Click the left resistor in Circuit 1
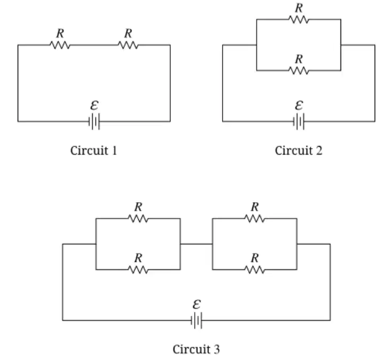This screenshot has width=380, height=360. click(60, 45)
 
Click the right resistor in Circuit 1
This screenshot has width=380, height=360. click(128, 45)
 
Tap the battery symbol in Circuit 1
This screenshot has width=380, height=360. click(94, 121)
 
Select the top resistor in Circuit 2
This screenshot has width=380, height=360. click(299, 19)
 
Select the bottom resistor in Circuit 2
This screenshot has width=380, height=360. click(299, 70)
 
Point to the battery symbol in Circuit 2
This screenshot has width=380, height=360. click(299, 121)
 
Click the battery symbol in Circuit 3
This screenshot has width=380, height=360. click(196, 321)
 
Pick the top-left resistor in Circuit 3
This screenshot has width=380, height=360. click(138, 219)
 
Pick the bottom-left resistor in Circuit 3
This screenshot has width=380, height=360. click(138, 269)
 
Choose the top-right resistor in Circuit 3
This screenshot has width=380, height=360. click(255, 219)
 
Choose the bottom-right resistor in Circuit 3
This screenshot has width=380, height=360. click(255, 269)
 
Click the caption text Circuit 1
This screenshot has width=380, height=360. click(94, 150)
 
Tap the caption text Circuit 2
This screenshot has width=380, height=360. click(298, 150)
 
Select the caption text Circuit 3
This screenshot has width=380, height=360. click(196, 349)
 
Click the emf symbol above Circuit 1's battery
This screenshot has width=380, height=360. click(94, 105)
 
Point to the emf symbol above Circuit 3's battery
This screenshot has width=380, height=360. click(196, 305)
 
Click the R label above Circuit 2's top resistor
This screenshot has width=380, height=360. click(299, 8)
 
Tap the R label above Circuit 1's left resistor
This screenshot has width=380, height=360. click(60, 33)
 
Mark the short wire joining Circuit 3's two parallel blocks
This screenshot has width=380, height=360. click(196, 244)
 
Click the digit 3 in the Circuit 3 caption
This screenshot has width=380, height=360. click(217, 349)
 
